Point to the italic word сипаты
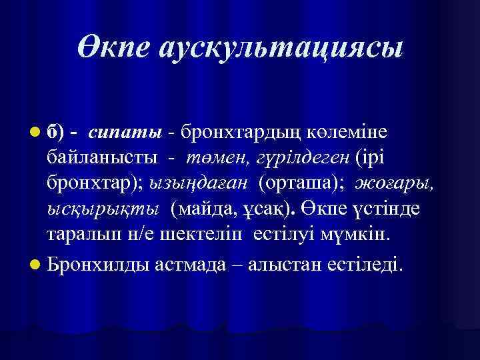(x=125, y=133)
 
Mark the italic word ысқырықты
(x=102, y=209)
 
